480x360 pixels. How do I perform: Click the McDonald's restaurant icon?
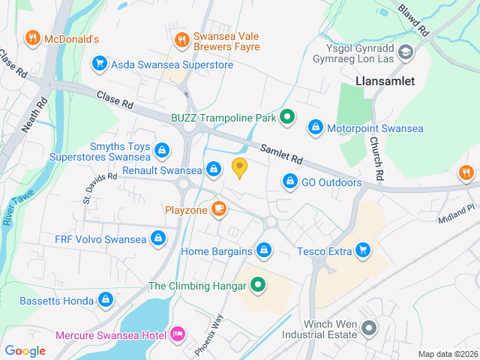pyautogui.click(x=32, y=38)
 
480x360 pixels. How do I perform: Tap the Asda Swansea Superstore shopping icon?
pyautogui.click(x=98, y=64)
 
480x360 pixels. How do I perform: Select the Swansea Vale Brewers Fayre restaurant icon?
pyautogui.click(x=181, y=40)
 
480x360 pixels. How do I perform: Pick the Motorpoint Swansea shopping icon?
pyautogui.click(x=316, y=128)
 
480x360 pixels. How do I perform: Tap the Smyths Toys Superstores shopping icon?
pyautogui.click(x=161, y=151)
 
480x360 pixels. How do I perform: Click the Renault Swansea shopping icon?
pyautogui.click(x=214, y=169)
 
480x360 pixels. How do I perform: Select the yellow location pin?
pyautogui.click(x=240, y=168)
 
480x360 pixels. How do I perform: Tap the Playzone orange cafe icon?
pyautogui.click(x=219, y=208)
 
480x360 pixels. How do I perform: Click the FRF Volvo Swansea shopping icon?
pyautogui.click(x=158, y=239)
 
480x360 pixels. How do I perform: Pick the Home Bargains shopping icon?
pyautogui.click(x=264, y=250)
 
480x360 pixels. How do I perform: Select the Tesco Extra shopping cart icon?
pyautogui.click(x=364, y=250)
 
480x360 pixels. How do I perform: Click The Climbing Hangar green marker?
pyautogui.click(x=259, y=285)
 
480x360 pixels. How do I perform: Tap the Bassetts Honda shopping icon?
pyautogui.click(x=105, y=301)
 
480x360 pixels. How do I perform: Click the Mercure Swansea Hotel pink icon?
pyautogui.click(x=178, y=332)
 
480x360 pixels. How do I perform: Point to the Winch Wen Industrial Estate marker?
pyautogui.click(x=368, y=328)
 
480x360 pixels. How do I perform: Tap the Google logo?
pyautogui.click(x=25, y=350)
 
